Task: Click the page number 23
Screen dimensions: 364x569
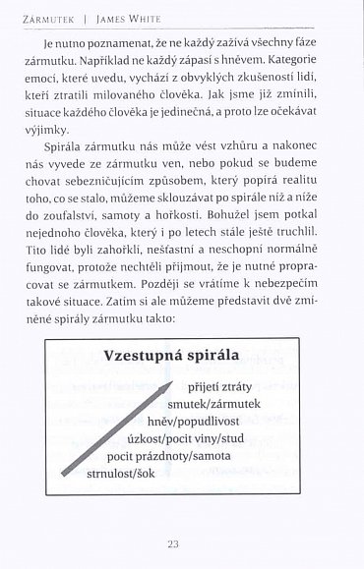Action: pyautogui.click(x=182, y=541)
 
